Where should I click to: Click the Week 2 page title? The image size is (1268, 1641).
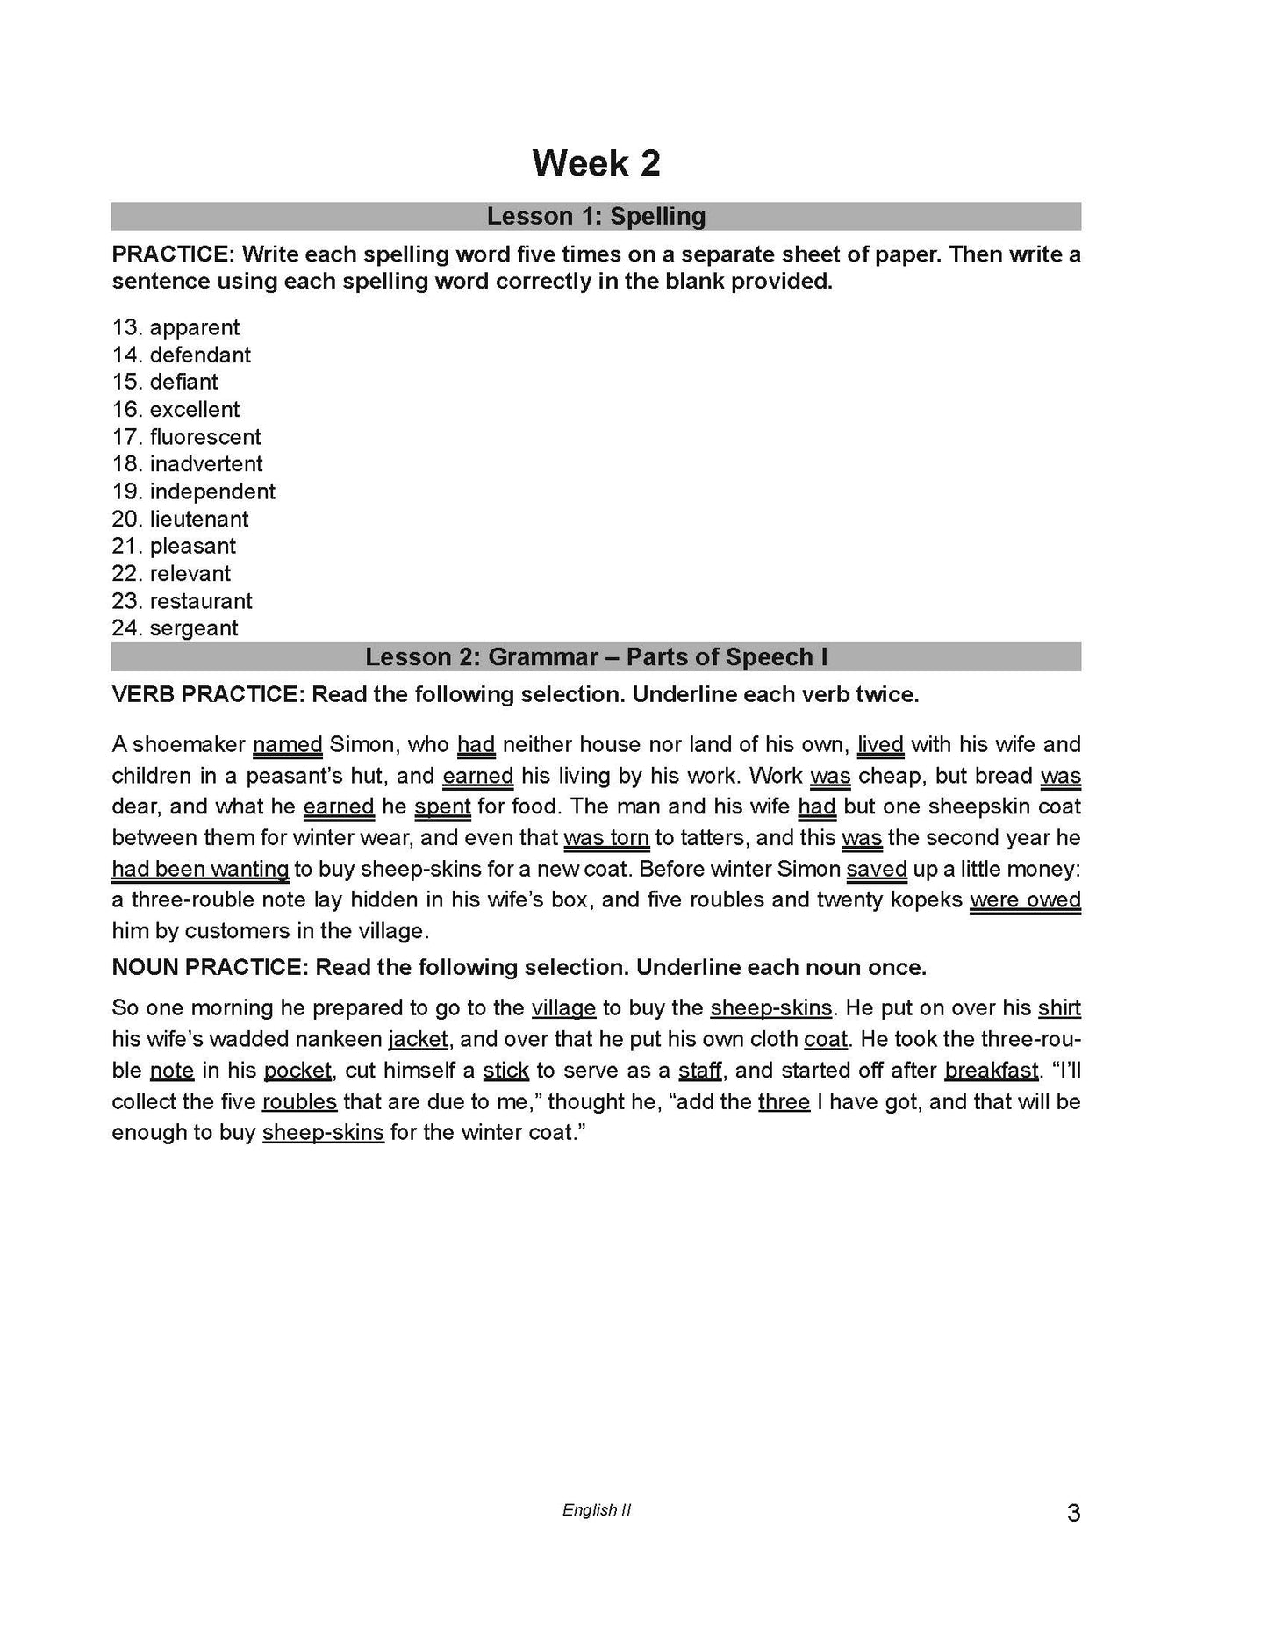[596, 164]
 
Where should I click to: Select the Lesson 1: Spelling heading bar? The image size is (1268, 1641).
[596, 216]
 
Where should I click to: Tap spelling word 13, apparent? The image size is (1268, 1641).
[194, 327]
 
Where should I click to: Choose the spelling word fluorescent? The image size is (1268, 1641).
[204, 437]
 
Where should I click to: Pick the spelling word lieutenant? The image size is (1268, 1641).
[198, 519]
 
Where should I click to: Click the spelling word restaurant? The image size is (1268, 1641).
[200, 601]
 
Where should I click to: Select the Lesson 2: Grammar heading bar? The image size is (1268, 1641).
[596, 657]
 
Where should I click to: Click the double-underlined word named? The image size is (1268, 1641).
[288, 745]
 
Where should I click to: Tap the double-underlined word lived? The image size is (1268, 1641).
[880, 745]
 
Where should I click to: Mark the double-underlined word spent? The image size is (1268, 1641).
[442, 806]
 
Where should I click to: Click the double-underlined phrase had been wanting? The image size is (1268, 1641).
[200, 869]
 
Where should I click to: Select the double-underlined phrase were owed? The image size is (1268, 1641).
[1025, 900]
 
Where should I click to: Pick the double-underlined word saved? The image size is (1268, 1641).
[876, 869]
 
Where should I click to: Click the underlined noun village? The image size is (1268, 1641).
[563, 1008]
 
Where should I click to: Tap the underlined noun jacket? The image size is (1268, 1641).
[419, 1040]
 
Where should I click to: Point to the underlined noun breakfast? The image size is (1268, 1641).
[992, 1071]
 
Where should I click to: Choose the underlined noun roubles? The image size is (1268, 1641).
[299, 1101]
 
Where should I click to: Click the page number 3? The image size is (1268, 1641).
[1073, 1513]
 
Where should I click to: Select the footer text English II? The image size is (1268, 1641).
[596, 1510]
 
